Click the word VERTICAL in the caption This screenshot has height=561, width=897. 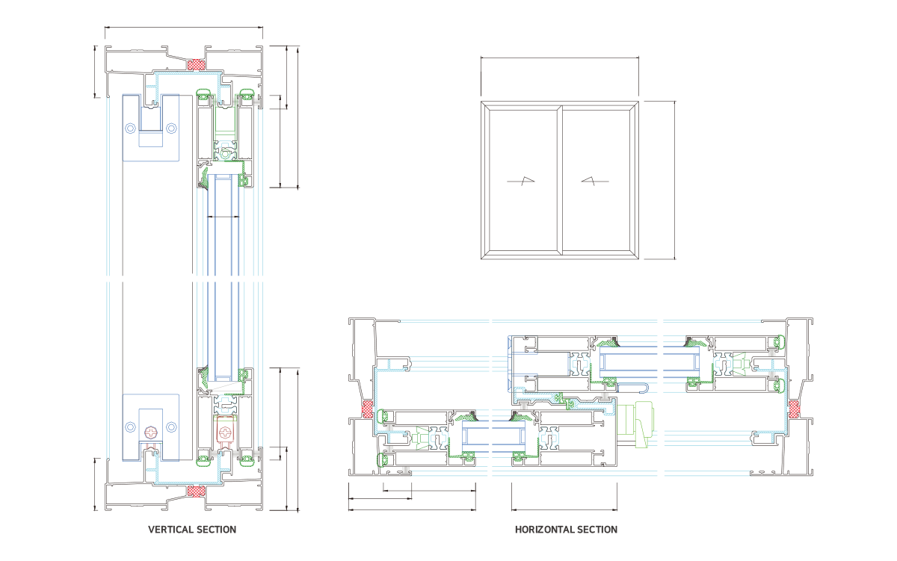tap(170, 530)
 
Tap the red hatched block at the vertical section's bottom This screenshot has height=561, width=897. tap(197, 491)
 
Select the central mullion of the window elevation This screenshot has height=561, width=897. tap(560, 180)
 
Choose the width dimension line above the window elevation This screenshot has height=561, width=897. tap(560, 57)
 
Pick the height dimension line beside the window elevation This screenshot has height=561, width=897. tap(675, 180)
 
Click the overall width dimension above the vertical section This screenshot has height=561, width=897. tap(184, 28)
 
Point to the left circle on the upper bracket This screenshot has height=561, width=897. tap(131, 128)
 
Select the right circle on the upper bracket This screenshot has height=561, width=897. tap(172, 128)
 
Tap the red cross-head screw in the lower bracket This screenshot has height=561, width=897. tap(152, 432)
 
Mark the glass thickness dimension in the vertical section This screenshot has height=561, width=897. tap(223, 217)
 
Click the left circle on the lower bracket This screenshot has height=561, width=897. tap(131, 427)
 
